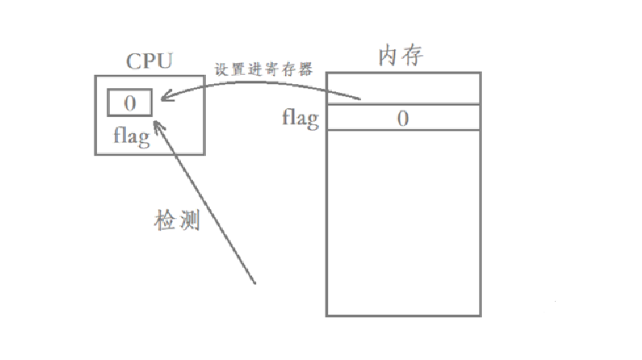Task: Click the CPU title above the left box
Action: pyautogui.click(x=149, y=61)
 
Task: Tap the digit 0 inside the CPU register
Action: pyautogui.click(x=129, y=103)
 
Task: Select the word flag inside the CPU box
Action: pyautogui.click(x=132, y=136)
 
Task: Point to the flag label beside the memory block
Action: pyautogui.click(x=300, y=119)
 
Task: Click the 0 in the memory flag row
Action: pyautogui.click(x=402, y=119)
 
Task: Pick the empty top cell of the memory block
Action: pyautogui.click(x=403, y=88)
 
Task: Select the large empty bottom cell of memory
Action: pyautogui.click(x=403, y=223)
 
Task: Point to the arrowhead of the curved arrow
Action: pyautogui.click(x=164, y=98)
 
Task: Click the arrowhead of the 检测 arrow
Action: pyautogui.click(x=157, y=124)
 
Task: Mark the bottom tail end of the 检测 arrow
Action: pyautogui.click(x=255, y=283)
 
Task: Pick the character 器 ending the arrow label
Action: pyautogui.click(x=305, y=68)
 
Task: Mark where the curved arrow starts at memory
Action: pyautogui.click(x=360, y=99)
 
